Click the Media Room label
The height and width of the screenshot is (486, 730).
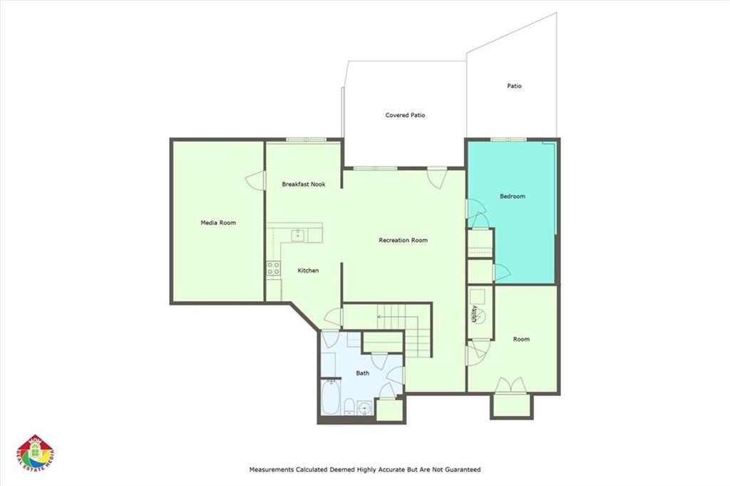[x=218, y=223]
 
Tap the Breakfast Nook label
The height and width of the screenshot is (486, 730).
[x=304, y=184]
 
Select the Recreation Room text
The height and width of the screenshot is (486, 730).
[x=403, y=241]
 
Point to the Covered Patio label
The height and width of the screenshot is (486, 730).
[x=405, y=115]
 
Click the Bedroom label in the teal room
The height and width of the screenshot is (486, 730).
[x=513, y=196]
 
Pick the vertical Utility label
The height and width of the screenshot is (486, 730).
[x=474, y=313]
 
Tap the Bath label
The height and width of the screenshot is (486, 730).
[x=363, y=373]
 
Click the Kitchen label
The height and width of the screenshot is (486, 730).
[x=308, y=270]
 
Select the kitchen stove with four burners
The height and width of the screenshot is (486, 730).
[x=273, y=268]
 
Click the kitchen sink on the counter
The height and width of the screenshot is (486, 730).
[x=297, y=236]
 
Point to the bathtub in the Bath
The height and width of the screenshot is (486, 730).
[x=331, y=397]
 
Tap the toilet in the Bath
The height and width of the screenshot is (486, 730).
[x=349, y=406]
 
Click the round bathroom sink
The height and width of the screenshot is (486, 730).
[x=364, y=409]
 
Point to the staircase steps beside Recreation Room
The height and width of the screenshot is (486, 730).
[x=404, y=329]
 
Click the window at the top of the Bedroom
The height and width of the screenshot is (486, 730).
[x=508, y=139]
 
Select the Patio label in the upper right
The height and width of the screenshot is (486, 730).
[x=515, y=86]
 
